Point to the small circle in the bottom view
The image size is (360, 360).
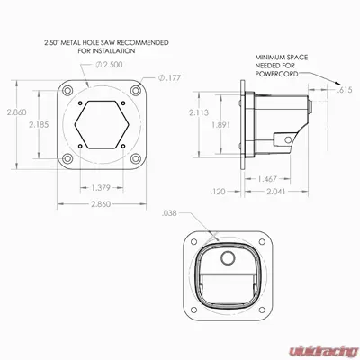229,258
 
